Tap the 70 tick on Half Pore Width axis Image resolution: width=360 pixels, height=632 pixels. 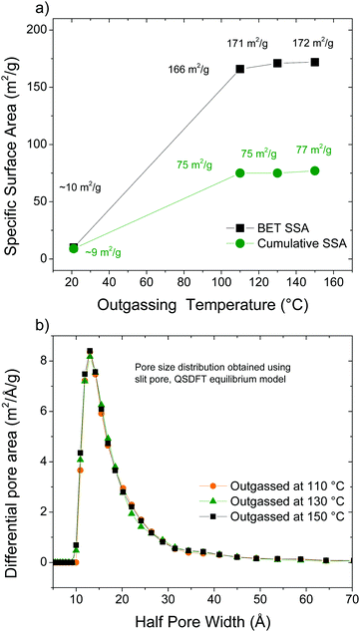tap(352, 597)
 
